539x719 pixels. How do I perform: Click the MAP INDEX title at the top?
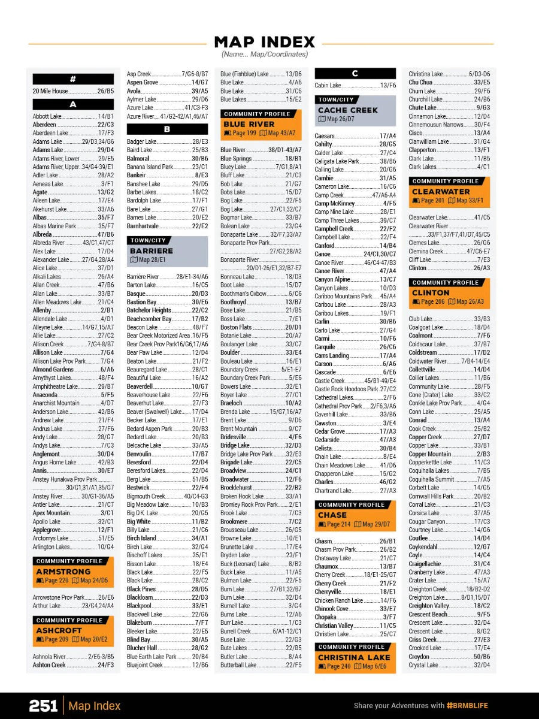click(264, 42)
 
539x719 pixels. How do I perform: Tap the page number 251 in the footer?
click(43, 705)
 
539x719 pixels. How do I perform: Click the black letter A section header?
click(73, 104)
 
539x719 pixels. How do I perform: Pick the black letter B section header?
click(167, 129)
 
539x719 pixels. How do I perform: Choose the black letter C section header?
click(355, 74)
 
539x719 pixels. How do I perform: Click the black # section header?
click(73, 79)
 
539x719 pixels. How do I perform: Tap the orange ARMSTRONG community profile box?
click(73, 571)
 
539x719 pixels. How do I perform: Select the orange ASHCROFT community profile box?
click(73, 630)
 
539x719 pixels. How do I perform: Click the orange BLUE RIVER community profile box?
click(261, 124)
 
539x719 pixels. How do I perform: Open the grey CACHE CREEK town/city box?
click(355, 110)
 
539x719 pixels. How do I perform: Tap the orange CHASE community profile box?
click(355, 515)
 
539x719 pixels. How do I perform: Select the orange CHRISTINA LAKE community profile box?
click(355, 657)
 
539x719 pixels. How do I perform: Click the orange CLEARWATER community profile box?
click(449, 192)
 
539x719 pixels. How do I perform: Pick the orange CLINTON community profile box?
click(449, 293)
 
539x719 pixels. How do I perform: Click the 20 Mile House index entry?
click(73, 91)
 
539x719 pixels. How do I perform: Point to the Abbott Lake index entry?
click(73, 116)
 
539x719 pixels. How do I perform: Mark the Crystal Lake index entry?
click(449, 665)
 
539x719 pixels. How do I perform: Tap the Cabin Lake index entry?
click(355, 86)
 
